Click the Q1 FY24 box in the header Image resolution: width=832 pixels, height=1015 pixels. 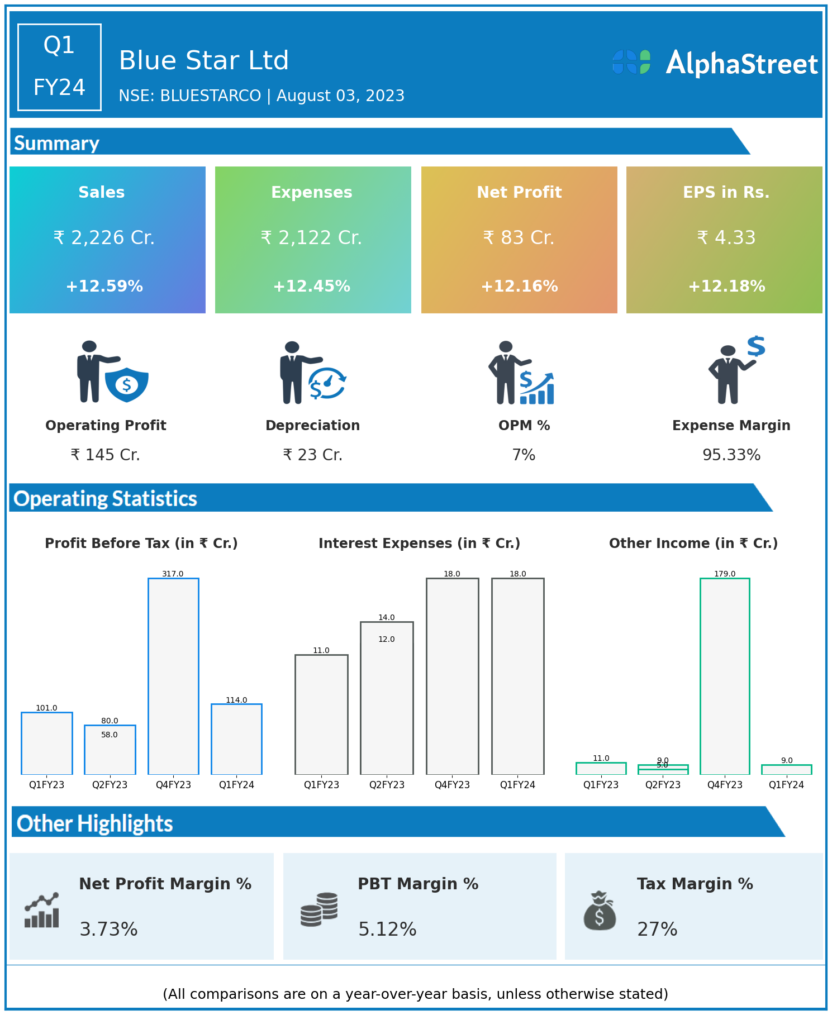(x=59, y=67)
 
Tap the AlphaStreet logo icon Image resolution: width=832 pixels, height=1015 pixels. (x=631, y=62)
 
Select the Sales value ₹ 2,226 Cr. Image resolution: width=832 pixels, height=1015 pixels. (x=104, y=238)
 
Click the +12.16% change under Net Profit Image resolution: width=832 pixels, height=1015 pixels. (x=519, y=287)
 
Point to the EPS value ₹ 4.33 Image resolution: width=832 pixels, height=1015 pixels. (x=726, y=238)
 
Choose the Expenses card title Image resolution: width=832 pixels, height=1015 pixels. (x=312, y=192)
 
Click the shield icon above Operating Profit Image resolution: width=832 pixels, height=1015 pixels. (x=127, y=384)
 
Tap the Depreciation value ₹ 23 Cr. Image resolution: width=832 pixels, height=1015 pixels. (x=312, y=455)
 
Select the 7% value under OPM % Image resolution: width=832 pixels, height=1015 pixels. (x=524, y=455)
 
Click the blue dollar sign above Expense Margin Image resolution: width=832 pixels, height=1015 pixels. (x=756, y=346)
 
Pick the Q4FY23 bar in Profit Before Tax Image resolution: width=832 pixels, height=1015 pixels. (x=173, y=676)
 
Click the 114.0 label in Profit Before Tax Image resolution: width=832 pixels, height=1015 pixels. (x=236, y=700)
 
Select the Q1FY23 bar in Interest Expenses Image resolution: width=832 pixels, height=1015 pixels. (x=321, y=714)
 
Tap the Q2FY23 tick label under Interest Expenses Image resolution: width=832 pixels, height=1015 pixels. (x=387, y=785)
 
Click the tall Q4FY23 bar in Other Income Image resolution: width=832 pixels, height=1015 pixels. (x=725, y=676)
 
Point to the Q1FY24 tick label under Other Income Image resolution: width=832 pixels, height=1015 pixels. (x=786, y=785)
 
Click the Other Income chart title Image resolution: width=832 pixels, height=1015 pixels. (x=693, y=544)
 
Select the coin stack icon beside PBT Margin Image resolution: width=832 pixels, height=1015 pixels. (x=319, y=909)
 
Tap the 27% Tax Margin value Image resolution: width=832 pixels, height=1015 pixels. (x=657, y=930)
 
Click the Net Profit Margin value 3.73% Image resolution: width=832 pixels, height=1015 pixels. (x=108, y=930)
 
